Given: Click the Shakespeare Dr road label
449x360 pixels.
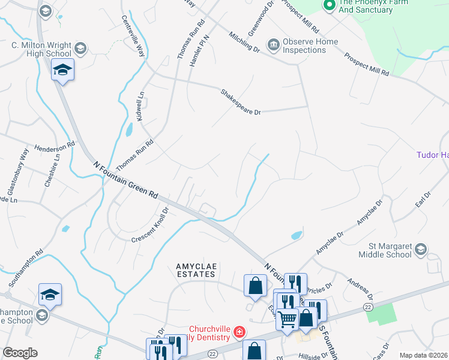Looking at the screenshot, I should pos(241,102).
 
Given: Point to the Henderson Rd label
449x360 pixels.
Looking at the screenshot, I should pos(55,145).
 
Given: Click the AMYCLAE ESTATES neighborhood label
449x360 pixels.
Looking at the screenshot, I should pos(195,270).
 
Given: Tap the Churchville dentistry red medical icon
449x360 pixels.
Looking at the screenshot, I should pos(239,331).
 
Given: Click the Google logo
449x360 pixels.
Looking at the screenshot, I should pos(20,353).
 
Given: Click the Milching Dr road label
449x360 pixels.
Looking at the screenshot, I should pos(244,41).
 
